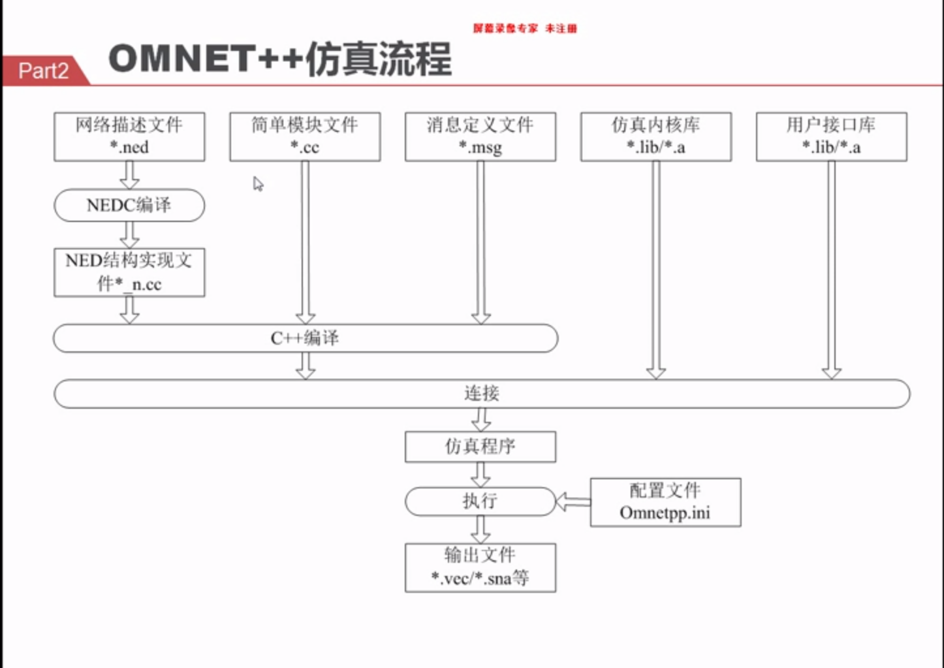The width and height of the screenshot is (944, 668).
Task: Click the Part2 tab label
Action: (43, 71)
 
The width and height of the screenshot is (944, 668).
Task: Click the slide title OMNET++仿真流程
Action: (279, 59)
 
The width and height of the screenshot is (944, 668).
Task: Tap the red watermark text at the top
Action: (525, 28)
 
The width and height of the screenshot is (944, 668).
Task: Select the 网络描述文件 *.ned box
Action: (129, 136)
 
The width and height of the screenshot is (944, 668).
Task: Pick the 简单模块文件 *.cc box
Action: (305, 136)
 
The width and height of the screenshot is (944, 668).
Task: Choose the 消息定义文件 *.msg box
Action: (480, 136)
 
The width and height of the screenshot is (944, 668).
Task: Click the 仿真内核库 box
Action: (656, 136)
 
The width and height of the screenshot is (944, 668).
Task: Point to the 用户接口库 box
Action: (831, 136)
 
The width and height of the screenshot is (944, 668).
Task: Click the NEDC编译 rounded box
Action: (129, 205)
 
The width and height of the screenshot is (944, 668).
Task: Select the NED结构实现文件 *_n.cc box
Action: (129, 272)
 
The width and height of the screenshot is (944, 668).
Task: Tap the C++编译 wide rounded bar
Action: (306, 338)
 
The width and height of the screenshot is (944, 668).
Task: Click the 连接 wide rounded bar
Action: (482, 394)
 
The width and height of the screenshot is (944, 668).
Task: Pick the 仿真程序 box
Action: (480, 447)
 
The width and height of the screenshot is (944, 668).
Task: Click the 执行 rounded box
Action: (480, 501)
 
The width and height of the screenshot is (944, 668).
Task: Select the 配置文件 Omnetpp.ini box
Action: (665, 502)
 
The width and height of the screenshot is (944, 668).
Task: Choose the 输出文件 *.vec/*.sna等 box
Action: (480, 567)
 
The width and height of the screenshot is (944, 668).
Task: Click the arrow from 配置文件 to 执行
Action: (573, 501)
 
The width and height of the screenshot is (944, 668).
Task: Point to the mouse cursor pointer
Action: (258, 184)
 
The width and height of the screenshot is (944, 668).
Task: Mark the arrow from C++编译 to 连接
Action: (306, 366)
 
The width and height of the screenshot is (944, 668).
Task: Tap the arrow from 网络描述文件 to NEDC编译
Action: (129, 174)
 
